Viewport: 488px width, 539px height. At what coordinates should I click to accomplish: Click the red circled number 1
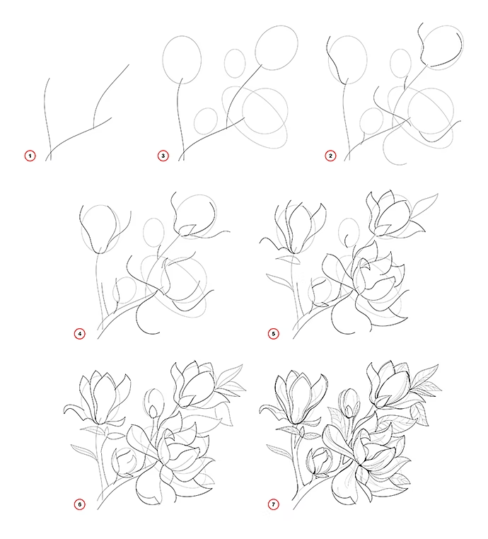[30, 156]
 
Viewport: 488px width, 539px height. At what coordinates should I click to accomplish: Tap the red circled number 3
[163, 156]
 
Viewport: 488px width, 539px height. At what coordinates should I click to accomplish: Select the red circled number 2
[330, 156]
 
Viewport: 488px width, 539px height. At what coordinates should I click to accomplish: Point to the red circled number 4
[80, 334]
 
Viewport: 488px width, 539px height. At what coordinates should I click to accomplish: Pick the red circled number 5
[274, 334]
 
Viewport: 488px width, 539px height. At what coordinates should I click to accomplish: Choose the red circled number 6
[80, 504]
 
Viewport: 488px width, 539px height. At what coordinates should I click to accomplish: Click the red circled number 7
[274, 504]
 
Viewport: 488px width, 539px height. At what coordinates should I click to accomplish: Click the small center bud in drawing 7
[349, 403]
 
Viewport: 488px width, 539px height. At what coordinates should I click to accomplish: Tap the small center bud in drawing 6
[153, 403]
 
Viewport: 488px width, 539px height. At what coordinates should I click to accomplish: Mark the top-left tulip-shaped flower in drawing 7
[293, 399]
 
